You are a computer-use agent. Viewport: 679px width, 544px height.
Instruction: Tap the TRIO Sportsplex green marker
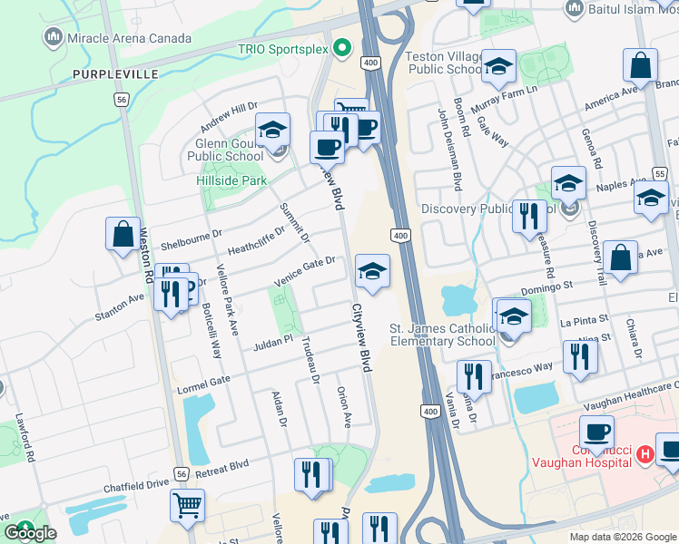coord(342,48)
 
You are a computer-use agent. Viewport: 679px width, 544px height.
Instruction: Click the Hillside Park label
coord(232,180)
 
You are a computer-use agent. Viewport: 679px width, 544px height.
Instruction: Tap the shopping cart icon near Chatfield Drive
coord(188,505)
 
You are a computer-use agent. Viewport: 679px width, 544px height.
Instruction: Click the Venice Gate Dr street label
coord(305,272)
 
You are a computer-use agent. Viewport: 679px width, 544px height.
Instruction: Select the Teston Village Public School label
coord(446,62)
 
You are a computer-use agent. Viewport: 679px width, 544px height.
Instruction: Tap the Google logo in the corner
coord(29,533)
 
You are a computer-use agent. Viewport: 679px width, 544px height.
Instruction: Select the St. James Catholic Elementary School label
coord(442,335)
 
